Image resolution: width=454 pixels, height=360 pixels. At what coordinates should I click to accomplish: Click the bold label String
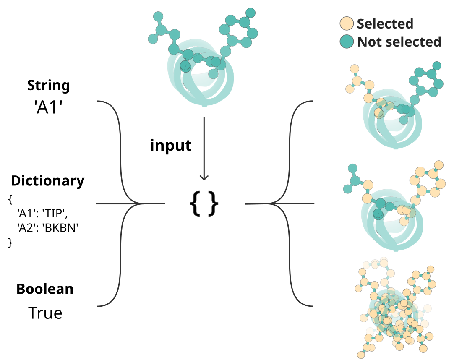click(x=48, y=86)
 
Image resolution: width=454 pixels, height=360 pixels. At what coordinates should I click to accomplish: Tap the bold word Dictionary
click(x=47, y=181)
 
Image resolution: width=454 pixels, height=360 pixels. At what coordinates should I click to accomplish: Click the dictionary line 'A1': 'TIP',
click(x=42, y=214)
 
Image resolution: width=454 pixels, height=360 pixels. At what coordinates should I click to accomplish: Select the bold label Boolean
click(x=45, y=289)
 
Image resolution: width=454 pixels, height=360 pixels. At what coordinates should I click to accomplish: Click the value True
click(x=45, y=313)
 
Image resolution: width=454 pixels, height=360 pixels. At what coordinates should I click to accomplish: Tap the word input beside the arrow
click(x=171, y=145)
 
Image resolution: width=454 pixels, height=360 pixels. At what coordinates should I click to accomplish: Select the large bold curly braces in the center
click(x=204, y=204)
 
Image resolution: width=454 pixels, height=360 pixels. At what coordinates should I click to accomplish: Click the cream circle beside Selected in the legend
click(x=347, y=24)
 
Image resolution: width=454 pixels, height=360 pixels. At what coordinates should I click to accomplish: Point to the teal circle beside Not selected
click(x=347, y=42)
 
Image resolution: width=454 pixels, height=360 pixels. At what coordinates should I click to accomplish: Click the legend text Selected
click(x=385, y=24)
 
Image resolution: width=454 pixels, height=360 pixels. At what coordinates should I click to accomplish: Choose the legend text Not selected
click(x=399, y=42)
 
